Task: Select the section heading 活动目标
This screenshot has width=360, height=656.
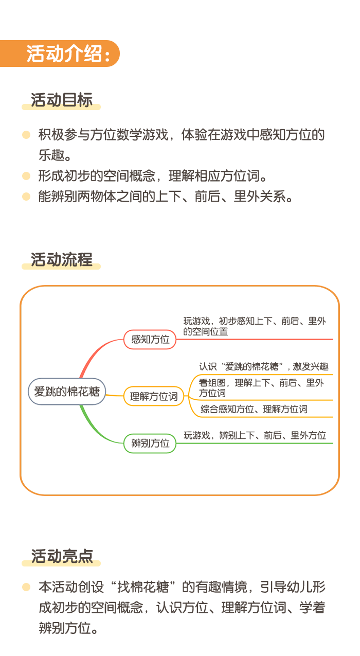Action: pyautogui.click(x=62, y=100)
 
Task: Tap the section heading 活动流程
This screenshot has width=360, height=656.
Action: pyautogui.click(x=62, y=259)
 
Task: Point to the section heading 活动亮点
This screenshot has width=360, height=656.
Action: pyautogui.click(x=62, y=556)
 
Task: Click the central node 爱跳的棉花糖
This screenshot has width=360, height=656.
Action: pyautogui.click(x=67, y=392)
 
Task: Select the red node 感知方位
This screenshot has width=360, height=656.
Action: pyautogui.click(x=150, y=340)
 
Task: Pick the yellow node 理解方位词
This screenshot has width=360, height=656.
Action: pyautogui.click(x=154, y=396)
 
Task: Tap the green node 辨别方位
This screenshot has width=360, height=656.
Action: pyautogui.click(x=150, y=444)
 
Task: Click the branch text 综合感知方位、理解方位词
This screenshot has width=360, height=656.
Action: pyautogui.click(x=254, y=409)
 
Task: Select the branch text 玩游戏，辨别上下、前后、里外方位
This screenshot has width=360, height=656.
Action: pyautogui.click(x=255, y=435)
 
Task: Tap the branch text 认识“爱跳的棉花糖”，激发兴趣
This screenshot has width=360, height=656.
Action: pyautogui.click(x=264, y=366)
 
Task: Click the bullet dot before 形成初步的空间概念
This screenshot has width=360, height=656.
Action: pyautogui.click(x=26, y=176)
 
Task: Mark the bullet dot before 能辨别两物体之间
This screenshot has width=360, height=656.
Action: pyautogui.click(x=26, y=196)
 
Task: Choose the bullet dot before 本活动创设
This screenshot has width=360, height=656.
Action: pyautogui.click(x=26, y=587)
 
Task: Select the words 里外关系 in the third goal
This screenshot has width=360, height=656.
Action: pyautogui.click(x=260, y=196)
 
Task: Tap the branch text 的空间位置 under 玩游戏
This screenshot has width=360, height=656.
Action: pyautogui.click(x=206, y=332)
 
